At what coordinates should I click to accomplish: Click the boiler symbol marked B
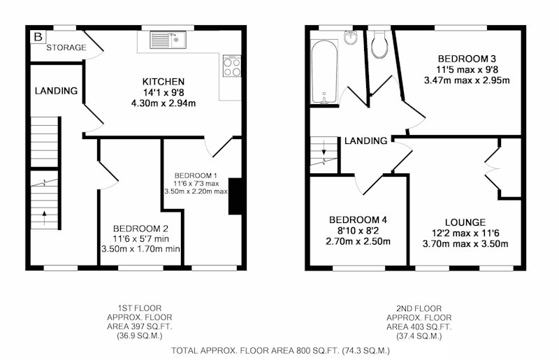pos(38,37)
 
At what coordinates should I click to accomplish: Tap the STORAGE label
pos(66,48)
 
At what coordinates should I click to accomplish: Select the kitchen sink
pos(168,40)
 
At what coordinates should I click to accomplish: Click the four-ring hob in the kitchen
pos(232,66)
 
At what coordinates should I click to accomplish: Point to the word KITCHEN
pos(164,82)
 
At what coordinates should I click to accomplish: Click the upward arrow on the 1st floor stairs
pos(44,217)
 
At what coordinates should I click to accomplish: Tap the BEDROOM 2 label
pos(140,229)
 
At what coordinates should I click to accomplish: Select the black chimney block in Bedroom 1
pos(235,196)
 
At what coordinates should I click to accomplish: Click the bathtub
pos(324,71)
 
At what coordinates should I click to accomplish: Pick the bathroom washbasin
pos(351,37)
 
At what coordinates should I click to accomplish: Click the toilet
pos(379,45)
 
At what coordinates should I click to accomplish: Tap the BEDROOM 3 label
pos(467,59)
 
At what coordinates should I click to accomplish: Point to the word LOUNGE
pos(465,222)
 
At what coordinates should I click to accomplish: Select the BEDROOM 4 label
pos(358,220)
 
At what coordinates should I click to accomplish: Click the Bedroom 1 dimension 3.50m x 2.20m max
pos(196,192)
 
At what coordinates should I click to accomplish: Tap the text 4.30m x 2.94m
pos(164,104)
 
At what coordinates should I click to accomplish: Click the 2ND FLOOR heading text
pos(419,309)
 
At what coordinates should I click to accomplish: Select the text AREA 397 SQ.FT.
pos(139,326)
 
